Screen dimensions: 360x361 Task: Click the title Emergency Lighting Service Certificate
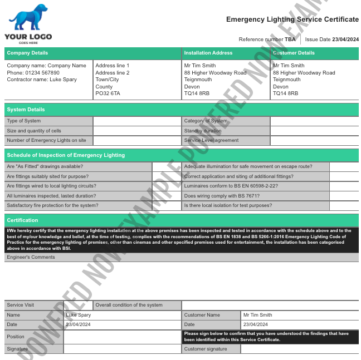[x=292, y=19]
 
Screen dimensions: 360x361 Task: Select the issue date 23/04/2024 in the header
[x=345, y=40]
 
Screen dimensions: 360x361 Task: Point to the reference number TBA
[x=290, y=40]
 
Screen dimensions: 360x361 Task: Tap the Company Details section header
[x=27, y=53]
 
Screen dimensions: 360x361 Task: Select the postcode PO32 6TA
[x=108, y=93]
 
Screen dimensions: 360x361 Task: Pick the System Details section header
[x=26, y=110]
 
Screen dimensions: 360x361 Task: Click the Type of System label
[x=24, y=121]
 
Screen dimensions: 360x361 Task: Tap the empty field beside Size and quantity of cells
[x=136, y=131]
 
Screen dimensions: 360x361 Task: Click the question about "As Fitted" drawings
[x=45, y=166]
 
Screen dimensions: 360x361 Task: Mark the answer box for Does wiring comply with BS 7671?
[x=344, y=196]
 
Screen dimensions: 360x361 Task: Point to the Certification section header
[x=22, y=220]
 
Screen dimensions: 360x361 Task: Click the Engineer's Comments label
[x=31, y=258]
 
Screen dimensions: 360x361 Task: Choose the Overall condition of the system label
[x=129, y=305]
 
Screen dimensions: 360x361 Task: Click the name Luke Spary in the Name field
[x=79, y=315]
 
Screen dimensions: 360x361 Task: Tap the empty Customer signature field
[x=299, y=349]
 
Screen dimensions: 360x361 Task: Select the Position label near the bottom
[x=16, y=337]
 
